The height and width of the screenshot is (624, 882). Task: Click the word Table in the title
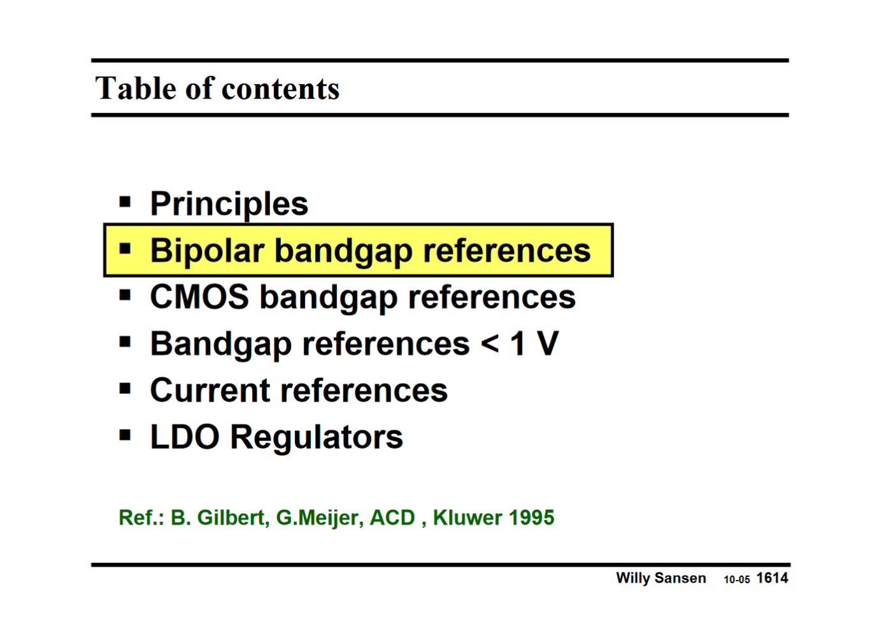(136, 88)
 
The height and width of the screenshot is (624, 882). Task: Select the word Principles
(229, 204)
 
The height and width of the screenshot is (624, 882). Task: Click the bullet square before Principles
(125, 203)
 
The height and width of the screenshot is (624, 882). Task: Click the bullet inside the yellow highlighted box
(125, 249)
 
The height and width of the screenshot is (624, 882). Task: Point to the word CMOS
(199, 297)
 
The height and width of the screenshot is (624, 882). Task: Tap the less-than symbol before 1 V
(490, 344)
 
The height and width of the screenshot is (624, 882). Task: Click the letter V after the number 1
(547, 344)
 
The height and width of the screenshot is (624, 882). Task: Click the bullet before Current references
(125, 389)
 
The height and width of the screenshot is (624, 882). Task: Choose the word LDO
(185, 437)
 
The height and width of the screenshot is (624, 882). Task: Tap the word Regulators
(317, 438)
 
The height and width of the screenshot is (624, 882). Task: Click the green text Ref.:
(141, 518)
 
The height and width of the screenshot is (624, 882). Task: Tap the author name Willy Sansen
(661, 578)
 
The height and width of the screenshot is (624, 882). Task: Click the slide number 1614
(772, 578)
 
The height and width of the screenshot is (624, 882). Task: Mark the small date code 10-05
(737, 580)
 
